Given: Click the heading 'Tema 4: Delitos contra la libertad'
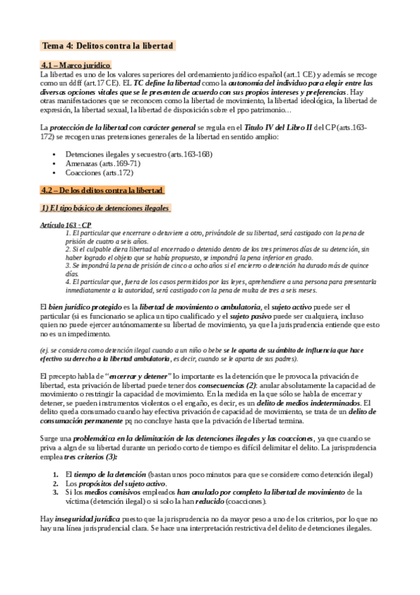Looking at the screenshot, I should (108, 46).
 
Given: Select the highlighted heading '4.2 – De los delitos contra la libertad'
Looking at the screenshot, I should (102, 189).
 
